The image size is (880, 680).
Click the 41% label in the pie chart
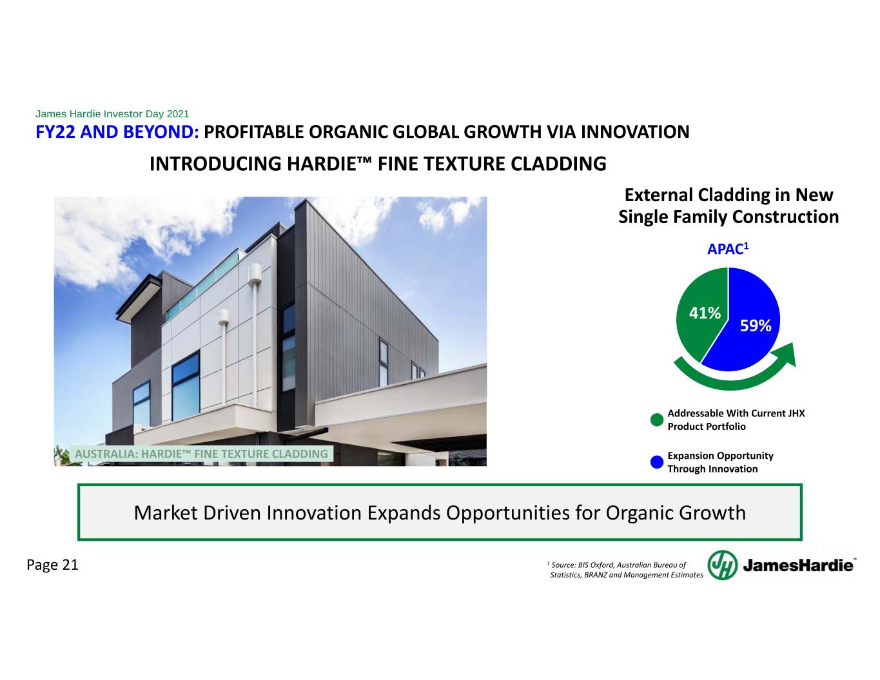point(705,313)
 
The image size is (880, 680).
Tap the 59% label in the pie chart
point(756,325)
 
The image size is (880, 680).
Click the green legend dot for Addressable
point(656,420)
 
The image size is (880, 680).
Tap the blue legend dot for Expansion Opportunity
point(656,462)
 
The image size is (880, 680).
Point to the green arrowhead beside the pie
point(786,355)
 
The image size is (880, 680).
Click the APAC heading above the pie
point(728,249)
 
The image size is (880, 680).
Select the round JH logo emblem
point(722,565)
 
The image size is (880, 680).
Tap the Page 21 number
point(52,565)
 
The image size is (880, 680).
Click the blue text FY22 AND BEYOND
point(117,132)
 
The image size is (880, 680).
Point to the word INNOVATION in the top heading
point(635,132)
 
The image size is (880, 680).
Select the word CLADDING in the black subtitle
point(558,164)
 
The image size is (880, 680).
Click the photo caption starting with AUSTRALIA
point(201,454)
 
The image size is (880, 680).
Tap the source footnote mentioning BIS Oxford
point(625,570)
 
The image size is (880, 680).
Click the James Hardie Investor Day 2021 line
point(112,113)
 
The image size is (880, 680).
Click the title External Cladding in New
point(729,195)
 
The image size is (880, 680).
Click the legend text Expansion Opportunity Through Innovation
point(721,462)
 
